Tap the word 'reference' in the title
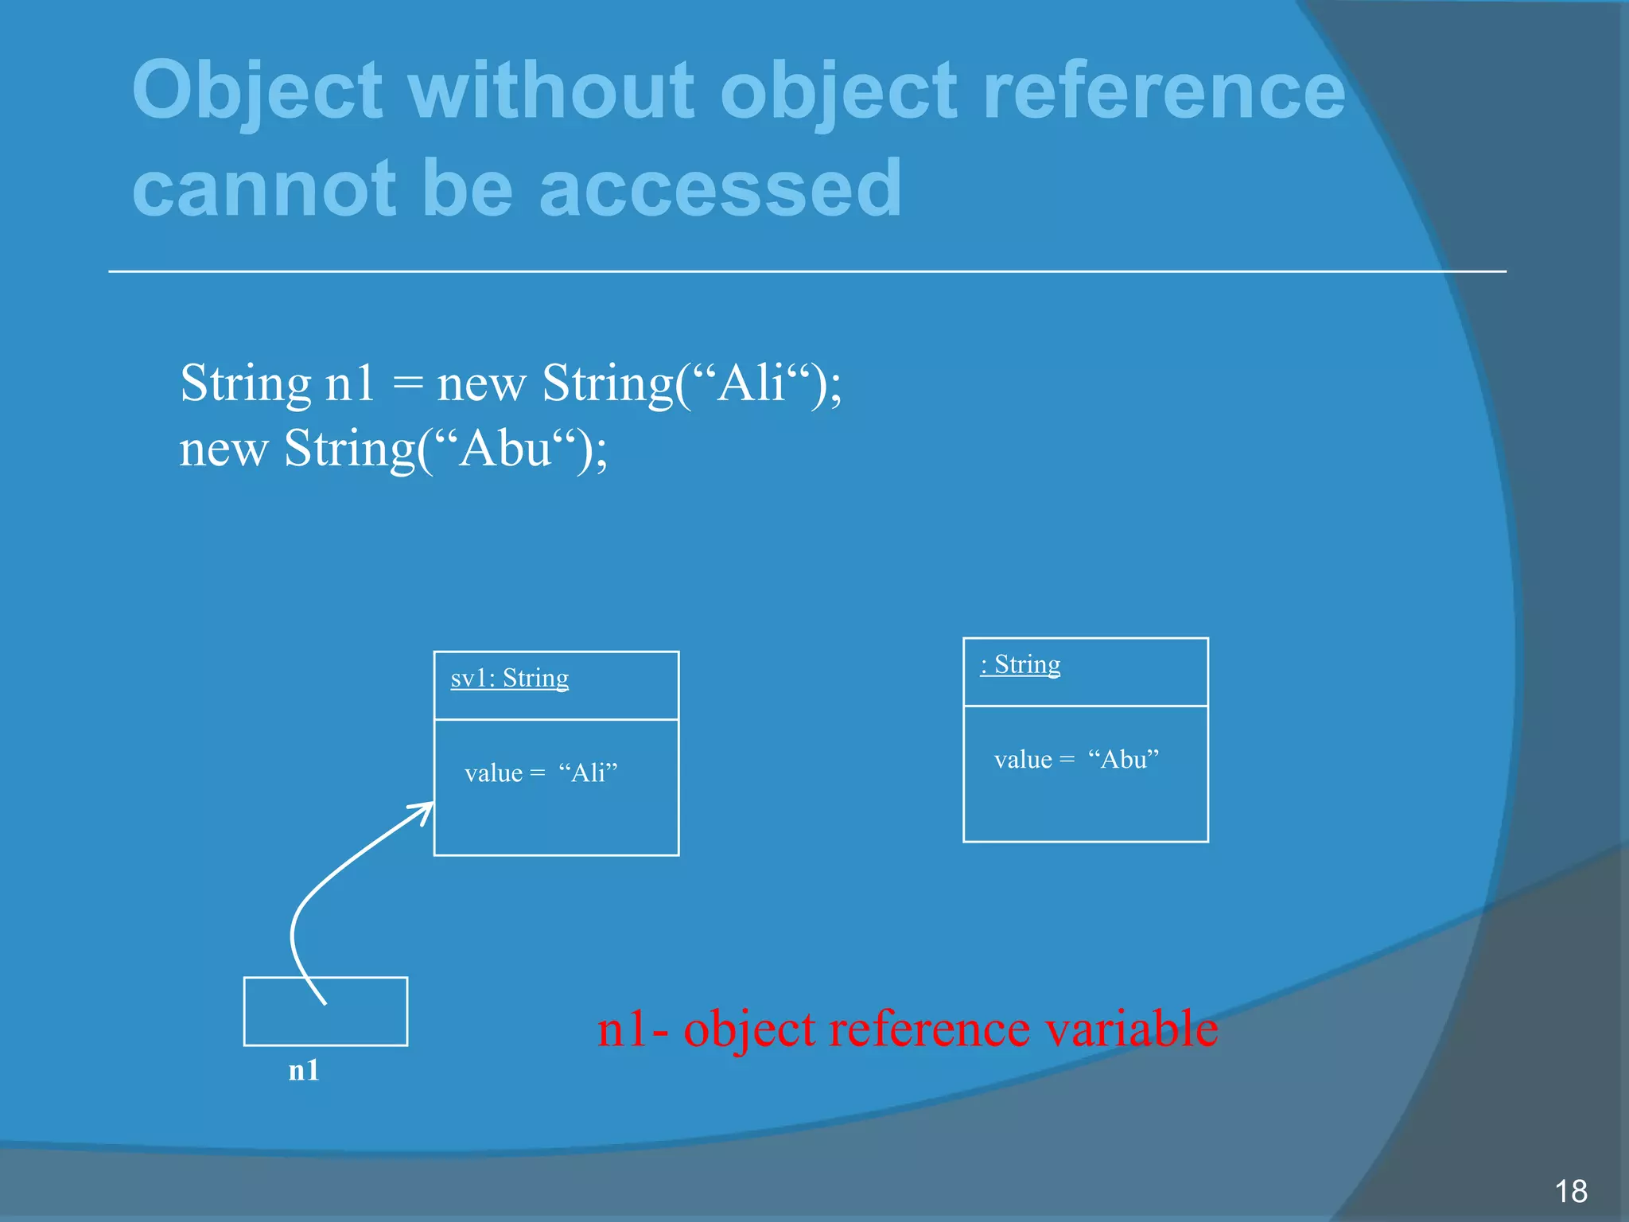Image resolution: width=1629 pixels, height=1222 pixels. click(x=1163, y=91)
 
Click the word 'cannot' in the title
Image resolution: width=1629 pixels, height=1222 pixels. click(x=263, y=189)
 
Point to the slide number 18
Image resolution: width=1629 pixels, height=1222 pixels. click(x=1570, y=1191)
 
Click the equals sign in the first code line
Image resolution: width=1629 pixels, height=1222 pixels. click(x=406, y=383)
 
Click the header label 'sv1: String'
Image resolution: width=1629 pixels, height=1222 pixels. click(x=509, y=678)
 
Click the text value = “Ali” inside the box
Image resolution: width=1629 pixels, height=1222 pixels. click(x=541, y=773)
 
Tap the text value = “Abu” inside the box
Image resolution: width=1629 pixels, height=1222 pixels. click(x=1075, y=759)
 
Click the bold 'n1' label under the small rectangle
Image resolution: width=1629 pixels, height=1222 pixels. click(x=303, y=1070)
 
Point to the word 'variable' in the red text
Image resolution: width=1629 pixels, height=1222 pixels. click(x=1130, y=1028)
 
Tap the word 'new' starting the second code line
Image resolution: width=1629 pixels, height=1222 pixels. click(x=223, y=449)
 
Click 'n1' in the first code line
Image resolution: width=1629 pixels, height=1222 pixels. click(x=349, y=383)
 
